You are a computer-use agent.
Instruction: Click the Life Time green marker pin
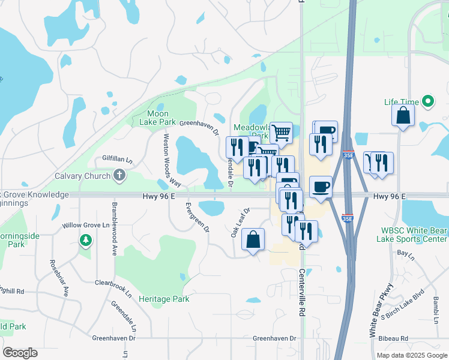(428, 102)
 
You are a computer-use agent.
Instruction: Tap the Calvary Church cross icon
(119, 175)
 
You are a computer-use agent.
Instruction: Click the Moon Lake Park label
(158, 118)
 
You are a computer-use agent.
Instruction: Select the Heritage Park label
(164, 299)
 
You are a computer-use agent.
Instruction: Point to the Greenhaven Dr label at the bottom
(274, 338)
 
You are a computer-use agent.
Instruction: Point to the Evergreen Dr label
(197, 218)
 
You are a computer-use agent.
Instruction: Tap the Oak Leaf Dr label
(240, 222)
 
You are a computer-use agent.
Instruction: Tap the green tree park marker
(86, 241)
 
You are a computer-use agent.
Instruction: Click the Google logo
(20, 353)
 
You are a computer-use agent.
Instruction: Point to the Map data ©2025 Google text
(411, 355)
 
